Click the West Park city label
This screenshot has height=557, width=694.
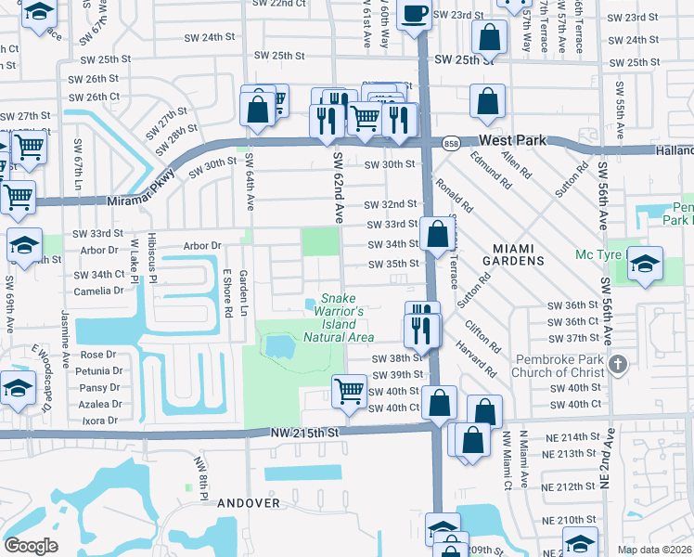point(514,140)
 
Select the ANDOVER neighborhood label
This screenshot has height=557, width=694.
point(249,502)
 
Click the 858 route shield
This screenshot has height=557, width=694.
point(451,143)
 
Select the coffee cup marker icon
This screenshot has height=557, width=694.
point(414,15)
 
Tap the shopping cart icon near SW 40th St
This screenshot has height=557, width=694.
point(349,390)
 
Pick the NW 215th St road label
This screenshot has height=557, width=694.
point(306,433)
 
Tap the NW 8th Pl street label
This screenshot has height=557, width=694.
point(199,473)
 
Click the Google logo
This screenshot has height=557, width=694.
point(31,546)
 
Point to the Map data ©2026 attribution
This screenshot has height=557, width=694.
point(655,550)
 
